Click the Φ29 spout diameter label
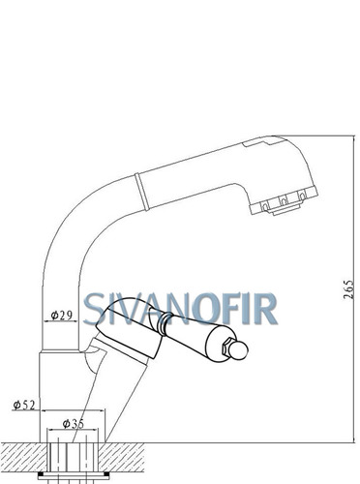pyautogui.click(x=61, y=316)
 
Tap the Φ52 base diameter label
pyautogui.click(x=24, y=405)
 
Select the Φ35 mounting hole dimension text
pyautogui.click(x=74, y=423)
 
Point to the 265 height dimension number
pyautogui.click(x=348, y=289)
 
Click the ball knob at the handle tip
pyautogui.click(x=239, y=350)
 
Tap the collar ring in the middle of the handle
pyautogui.click(x=164, y=323)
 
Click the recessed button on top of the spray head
pyautogui.click(x=257, y=143)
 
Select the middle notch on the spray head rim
pyautogui.click(x=284, y=201)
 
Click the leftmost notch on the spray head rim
pyautogui.click(x=265, y=206)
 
